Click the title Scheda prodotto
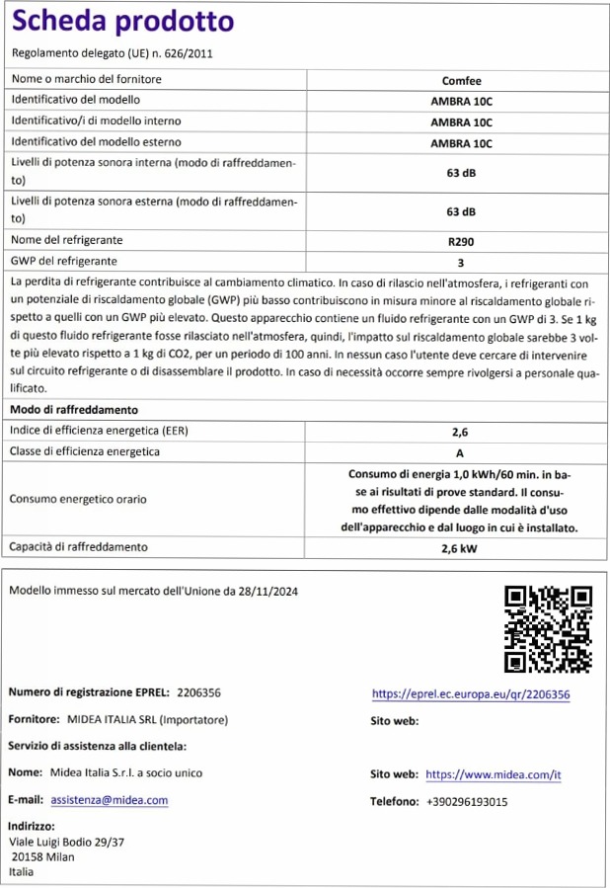coord(123,22)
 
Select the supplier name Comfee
coord(461,80)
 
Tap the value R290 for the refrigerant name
coord(461,240)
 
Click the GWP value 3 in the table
coord(461,262)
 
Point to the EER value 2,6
coord(460,432)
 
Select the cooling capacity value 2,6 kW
coord(460,547)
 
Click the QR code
coord(548,628)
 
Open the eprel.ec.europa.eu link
coord(470,694)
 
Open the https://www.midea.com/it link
coord(493,775)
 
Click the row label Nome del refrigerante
coord(67,240)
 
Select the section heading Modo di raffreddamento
coord(74,409)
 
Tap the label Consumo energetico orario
coord(78,499)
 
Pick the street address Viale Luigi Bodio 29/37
coord(67,842)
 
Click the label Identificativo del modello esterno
coord(88,142)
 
